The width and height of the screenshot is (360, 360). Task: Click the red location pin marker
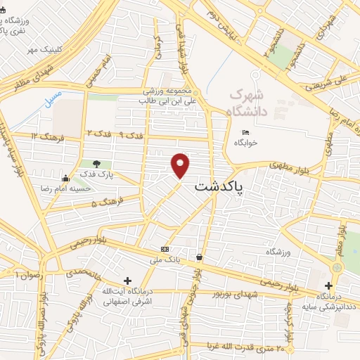point(181,165)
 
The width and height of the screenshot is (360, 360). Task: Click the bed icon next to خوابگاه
point(245,131)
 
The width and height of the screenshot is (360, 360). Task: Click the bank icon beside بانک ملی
point(165,249)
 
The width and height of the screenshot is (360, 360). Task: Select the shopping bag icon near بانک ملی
point(201,257)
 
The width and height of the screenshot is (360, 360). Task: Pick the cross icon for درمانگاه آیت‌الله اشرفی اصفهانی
point(127,281)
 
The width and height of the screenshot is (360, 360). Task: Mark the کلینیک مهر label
point(42,50)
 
